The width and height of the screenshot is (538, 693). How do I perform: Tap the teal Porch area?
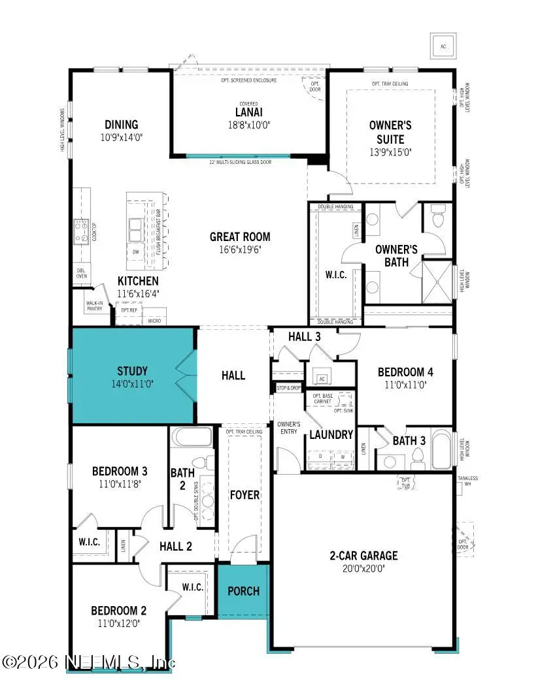[x=243, y=591]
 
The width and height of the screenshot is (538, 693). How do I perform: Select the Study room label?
[x=132, y=372]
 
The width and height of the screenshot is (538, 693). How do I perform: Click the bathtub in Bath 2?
[x=191, y=438]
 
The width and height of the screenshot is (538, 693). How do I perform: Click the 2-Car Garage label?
[x=363, y=556]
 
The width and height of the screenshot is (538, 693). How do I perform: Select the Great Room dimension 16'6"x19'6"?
[x=240, y=249]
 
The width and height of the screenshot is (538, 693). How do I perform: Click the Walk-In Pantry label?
[x=95, y=306]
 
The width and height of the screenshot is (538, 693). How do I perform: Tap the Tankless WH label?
[x=467, y=481]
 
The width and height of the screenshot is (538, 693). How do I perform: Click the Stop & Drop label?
[x=288, y=387]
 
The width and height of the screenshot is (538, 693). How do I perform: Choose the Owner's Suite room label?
[x=386, y=132]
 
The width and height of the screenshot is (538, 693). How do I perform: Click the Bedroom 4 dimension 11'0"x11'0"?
[x=405, y=385]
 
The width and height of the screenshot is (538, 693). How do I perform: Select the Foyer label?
[x=244, y=494]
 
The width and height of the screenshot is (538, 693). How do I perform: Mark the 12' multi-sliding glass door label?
[x=239, y=161]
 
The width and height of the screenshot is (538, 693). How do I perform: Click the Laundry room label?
[x=331, y=434]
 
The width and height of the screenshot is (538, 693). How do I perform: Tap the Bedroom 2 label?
[x=118, y=611]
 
